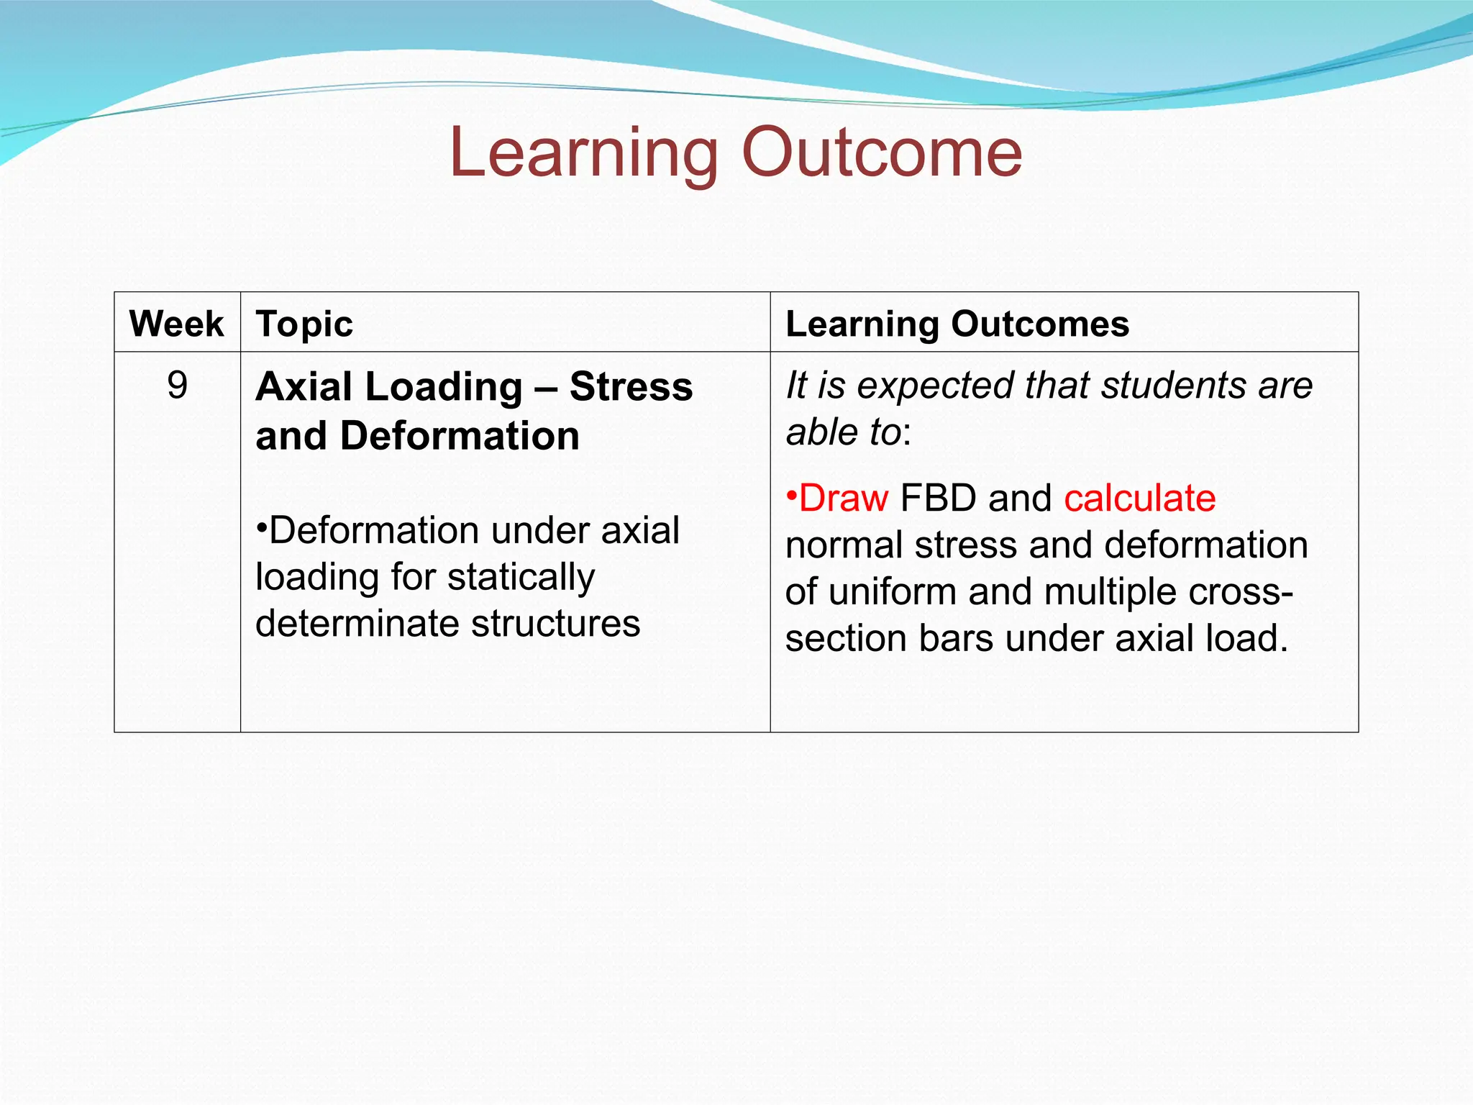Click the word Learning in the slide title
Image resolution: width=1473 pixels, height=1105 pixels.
[583, 153]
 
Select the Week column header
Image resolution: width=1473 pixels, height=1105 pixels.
[176, 324]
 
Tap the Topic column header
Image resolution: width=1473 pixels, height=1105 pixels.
[304, 324]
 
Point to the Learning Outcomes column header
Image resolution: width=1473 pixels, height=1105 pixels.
[957, 324]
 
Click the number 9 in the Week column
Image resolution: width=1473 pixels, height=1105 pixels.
[177, 386]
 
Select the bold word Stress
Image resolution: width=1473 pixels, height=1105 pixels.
[631, 387]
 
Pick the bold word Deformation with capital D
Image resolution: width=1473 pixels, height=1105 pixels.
[460, 436]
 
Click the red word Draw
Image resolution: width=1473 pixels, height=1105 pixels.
[843, 498]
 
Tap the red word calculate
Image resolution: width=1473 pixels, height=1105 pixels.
[1140, 498]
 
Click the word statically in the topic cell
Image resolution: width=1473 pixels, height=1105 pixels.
[521, 578]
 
